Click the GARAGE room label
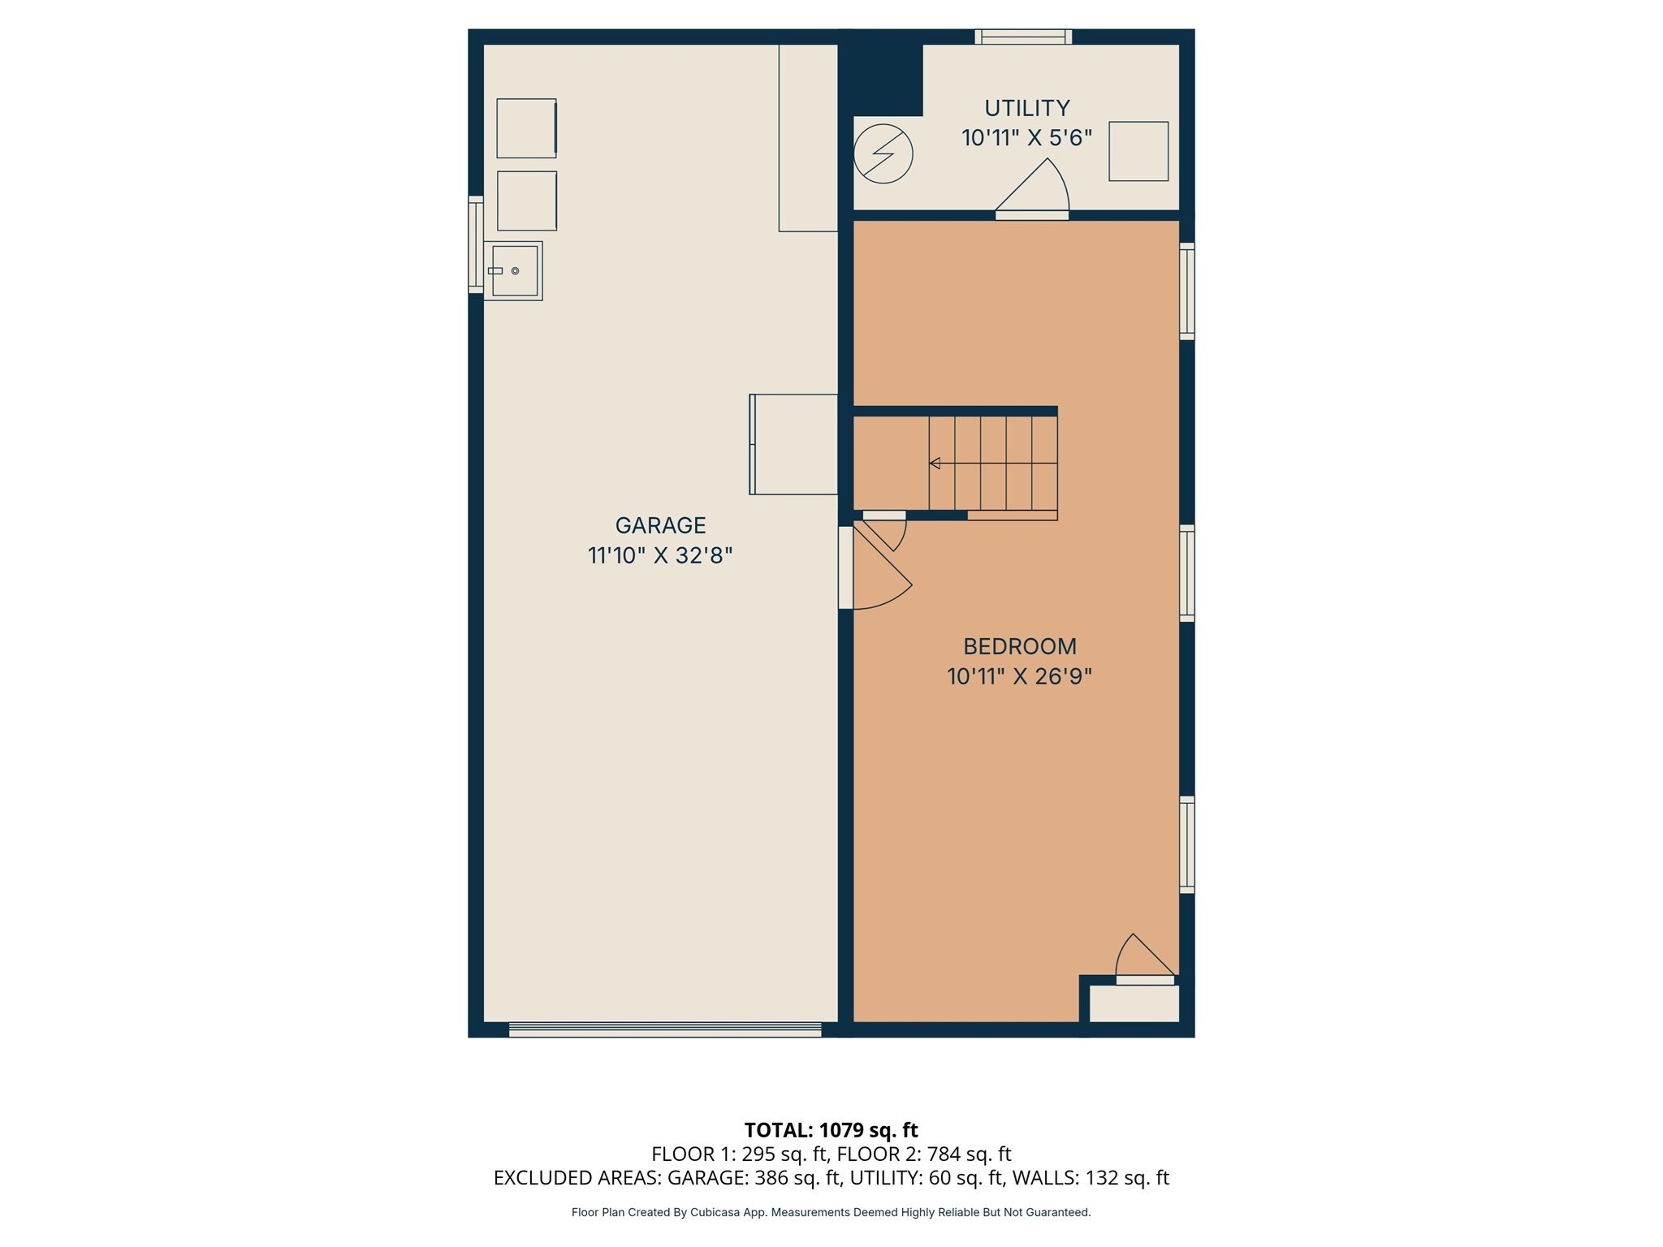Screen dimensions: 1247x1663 [660, 525]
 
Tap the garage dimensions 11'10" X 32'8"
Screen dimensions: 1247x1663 [660, 556]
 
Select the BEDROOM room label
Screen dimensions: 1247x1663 [1020, 646]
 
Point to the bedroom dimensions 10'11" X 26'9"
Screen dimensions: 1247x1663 [1020, 676]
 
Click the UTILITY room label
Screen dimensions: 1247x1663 [1027, 108]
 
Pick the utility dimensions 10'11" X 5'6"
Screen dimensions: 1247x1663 [1027, 138]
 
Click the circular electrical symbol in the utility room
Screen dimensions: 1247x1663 [883, 153]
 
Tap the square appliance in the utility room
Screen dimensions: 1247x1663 [1138, 152]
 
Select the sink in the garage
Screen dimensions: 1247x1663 [513, 271]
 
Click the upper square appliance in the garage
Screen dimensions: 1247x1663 [526, 128]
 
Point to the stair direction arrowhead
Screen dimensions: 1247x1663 [935, 464]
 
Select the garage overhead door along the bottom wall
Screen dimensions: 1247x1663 [665, 1029]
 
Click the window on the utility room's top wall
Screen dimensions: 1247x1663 [1023, 37]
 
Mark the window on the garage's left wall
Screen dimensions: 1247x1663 [476, 244]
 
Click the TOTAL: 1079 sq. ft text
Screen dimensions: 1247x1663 [831, 1130]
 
